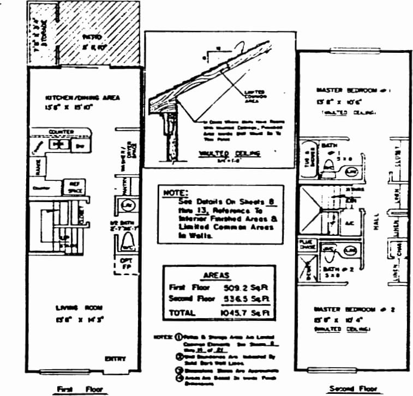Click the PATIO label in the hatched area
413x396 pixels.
90,38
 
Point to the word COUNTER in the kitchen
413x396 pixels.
61,132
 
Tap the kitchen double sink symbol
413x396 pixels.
57,144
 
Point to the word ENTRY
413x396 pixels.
115,358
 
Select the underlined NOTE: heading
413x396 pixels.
175,193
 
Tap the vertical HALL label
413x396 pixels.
376,231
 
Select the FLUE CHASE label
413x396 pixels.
306,243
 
